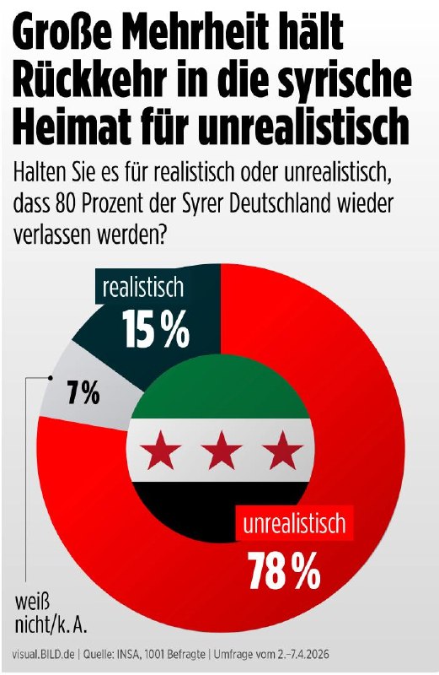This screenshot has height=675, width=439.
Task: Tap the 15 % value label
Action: tap(155, 328)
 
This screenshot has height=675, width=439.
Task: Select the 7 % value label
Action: tap(83, 393)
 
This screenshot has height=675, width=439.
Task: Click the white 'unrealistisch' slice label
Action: tap(294, 522)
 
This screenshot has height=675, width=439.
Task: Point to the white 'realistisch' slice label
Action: tap(142, 287)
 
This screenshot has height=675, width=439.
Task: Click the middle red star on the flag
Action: tap(222, 451)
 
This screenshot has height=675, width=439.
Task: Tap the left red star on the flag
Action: tap(161, 451)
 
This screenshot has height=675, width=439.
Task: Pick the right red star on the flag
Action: tap(283, 451)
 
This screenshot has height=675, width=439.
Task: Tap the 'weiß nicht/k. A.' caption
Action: tap(51, 614)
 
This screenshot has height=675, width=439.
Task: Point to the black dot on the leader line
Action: tap(51, 378)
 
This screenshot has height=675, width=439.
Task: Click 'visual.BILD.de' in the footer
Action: tap(43, 655)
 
